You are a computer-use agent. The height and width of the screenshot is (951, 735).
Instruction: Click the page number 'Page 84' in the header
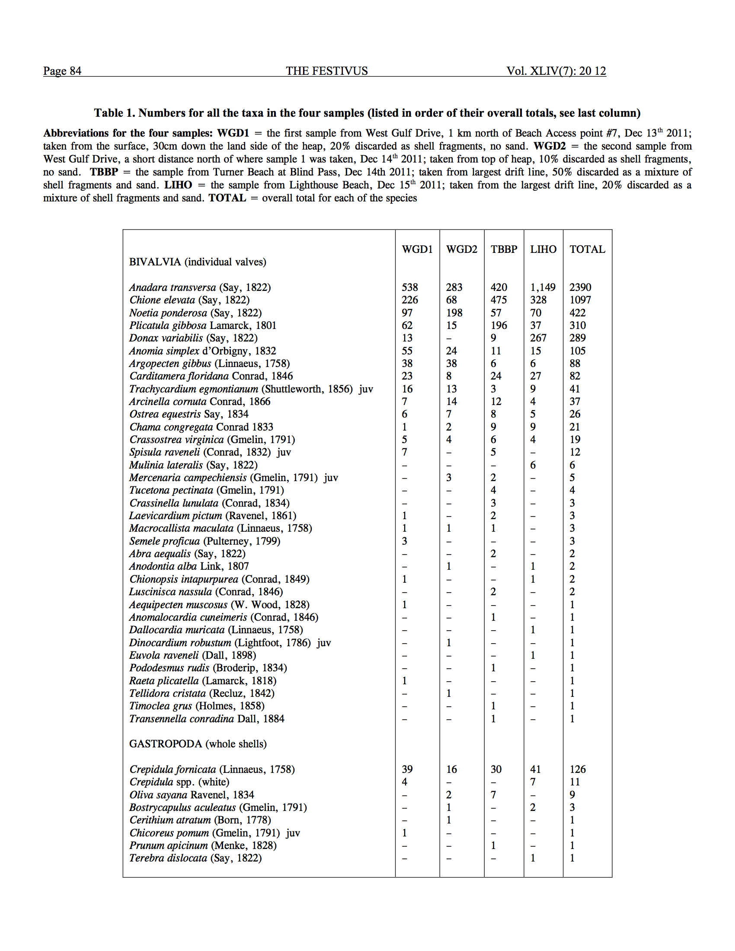pos(62,71)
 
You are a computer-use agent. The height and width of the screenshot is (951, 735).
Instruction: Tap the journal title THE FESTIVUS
pos(326,71)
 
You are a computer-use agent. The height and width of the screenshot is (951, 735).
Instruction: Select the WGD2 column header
pos(462,249)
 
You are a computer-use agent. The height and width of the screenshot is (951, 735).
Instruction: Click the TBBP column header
pos(504,249)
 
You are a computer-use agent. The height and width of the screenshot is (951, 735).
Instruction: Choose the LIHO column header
pos(543,249)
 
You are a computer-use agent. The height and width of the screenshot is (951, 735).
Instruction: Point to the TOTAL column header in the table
pos(587,249)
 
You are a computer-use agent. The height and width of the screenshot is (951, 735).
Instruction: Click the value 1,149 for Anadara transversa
pos(543,287)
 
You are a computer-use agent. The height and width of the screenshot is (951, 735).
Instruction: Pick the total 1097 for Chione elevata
pos(580,300)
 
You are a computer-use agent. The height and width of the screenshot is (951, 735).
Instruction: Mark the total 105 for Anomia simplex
pos(577,351)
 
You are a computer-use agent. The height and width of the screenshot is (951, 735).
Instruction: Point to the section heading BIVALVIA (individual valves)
pos(197,262)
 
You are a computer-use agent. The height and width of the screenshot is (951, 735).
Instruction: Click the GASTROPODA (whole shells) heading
pos(198,744)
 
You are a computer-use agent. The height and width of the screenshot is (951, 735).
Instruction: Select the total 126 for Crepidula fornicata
pos(577,769)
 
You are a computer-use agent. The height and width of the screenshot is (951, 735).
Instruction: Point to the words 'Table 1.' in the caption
pos(115,113)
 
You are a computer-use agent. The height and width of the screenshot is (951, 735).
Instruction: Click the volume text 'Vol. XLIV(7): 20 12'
pos(556,71)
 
